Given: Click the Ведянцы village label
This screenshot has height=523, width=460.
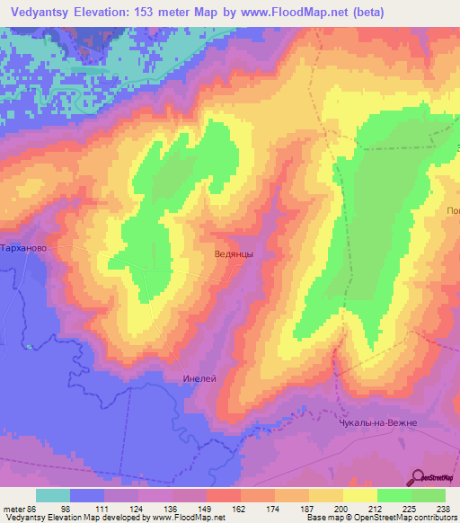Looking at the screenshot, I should click(234, 254).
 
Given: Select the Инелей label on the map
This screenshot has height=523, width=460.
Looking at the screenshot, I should click(199, 378).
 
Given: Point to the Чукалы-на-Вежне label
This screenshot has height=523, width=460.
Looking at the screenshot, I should click(378, 422).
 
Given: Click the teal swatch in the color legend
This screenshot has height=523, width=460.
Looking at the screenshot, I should click(53, 495).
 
